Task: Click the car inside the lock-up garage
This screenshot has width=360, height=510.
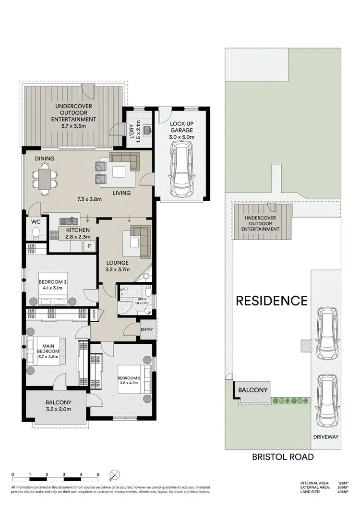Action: click(x=181, y=171)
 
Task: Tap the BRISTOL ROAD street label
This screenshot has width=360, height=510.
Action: click(x=283, y=457)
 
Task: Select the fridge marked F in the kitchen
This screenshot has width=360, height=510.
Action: click(x=89, y=246)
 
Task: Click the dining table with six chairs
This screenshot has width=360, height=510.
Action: click(x=45, y=179)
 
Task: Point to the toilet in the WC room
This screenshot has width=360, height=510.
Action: click(x=35, y=235)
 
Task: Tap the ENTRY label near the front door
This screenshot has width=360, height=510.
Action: click(x=146, y=329)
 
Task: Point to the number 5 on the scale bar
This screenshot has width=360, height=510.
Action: click(x=98, y=474)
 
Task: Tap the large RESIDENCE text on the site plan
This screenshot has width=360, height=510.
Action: click(x=271, y=301)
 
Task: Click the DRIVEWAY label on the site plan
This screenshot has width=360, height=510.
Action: click(x=326, y=437)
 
